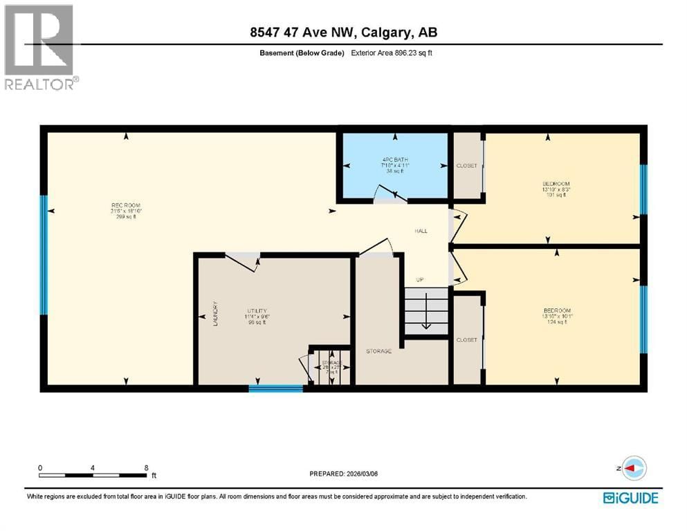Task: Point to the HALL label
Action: point(421,231)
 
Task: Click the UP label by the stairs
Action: point(419,279)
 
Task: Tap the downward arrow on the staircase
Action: point(426,321)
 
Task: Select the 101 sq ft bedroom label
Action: point(556,189)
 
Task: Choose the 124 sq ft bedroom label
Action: point(557,316)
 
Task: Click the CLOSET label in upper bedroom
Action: point(466,166)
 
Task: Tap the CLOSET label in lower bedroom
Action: point(466,340)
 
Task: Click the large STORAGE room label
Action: point(378,351)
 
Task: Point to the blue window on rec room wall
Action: point(44,254)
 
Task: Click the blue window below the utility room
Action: point(276,389)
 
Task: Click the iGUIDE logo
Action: point(630,497)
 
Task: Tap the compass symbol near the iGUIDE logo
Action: point(634,468)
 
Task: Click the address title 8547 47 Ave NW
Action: point(343,32)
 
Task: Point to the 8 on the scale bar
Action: point(146,467)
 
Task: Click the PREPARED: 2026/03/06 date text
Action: point(344,474)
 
